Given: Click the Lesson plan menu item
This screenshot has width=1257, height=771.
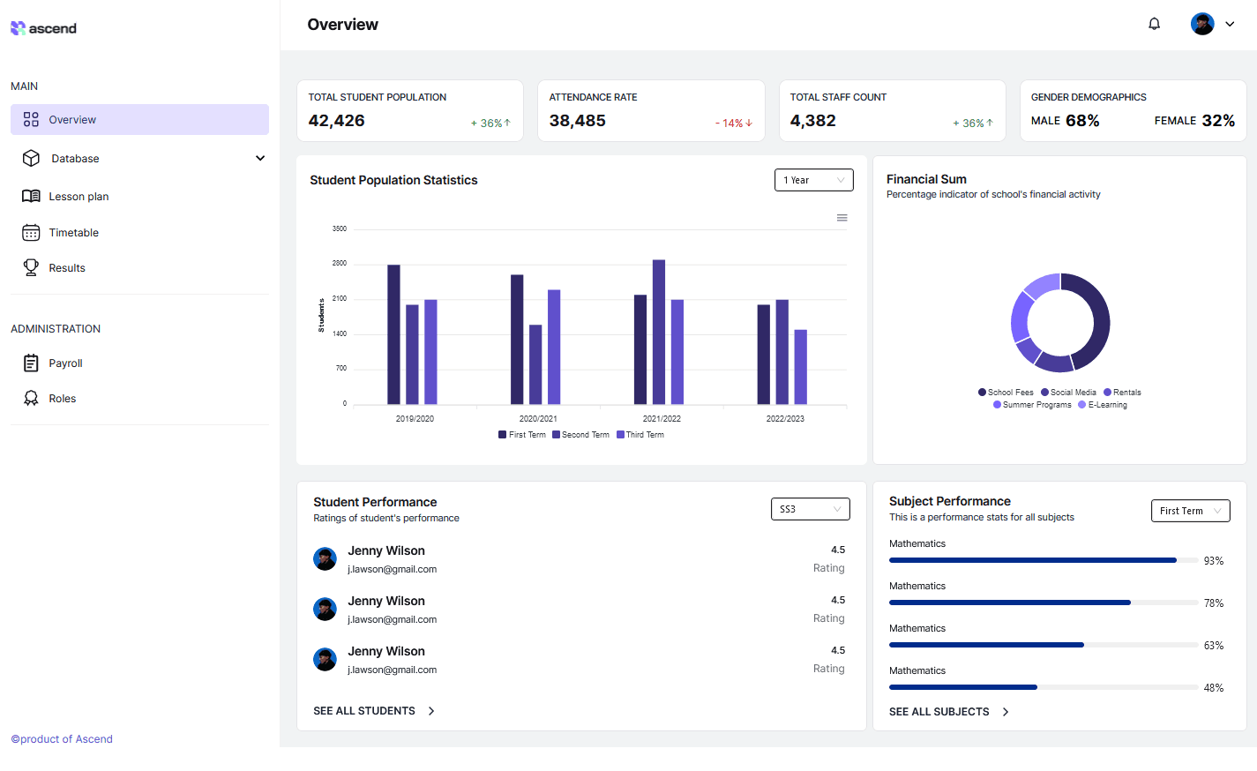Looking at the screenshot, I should (79, 197).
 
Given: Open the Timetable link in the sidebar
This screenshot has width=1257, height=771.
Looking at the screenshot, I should (73, 233).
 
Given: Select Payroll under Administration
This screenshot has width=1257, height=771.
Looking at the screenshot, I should (65, 363).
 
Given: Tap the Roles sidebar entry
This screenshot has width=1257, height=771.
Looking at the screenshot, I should (62, 399).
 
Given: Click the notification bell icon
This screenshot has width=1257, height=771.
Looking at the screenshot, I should (1154, 24).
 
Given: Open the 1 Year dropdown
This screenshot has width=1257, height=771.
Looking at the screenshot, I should (813, 180).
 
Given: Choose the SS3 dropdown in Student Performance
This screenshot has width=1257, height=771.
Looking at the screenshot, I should (810, 509).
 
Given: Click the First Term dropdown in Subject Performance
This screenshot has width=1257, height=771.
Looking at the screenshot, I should (1190, 511).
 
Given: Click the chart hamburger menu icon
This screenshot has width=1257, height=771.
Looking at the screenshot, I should (842, 218).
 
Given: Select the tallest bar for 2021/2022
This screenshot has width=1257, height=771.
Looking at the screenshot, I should (659, 332).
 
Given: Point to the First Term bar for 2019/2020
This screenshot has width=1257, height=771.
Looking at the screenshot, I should (393, 334).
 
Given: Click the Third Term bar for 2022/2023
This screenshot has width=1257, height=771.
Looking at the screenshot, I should (801, 367).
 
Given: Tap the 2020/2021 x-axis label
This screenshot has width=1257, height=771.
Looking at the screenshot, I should (538, 419).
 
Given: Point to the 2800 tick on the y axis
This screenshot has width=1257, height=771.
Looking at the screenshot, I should (340, 264).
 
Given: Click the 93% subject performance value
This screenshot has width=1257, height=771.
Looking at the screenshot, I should (1214, 561).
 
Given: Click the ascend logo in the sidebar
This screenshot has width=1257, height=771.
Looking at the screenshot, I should (43, 28).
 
